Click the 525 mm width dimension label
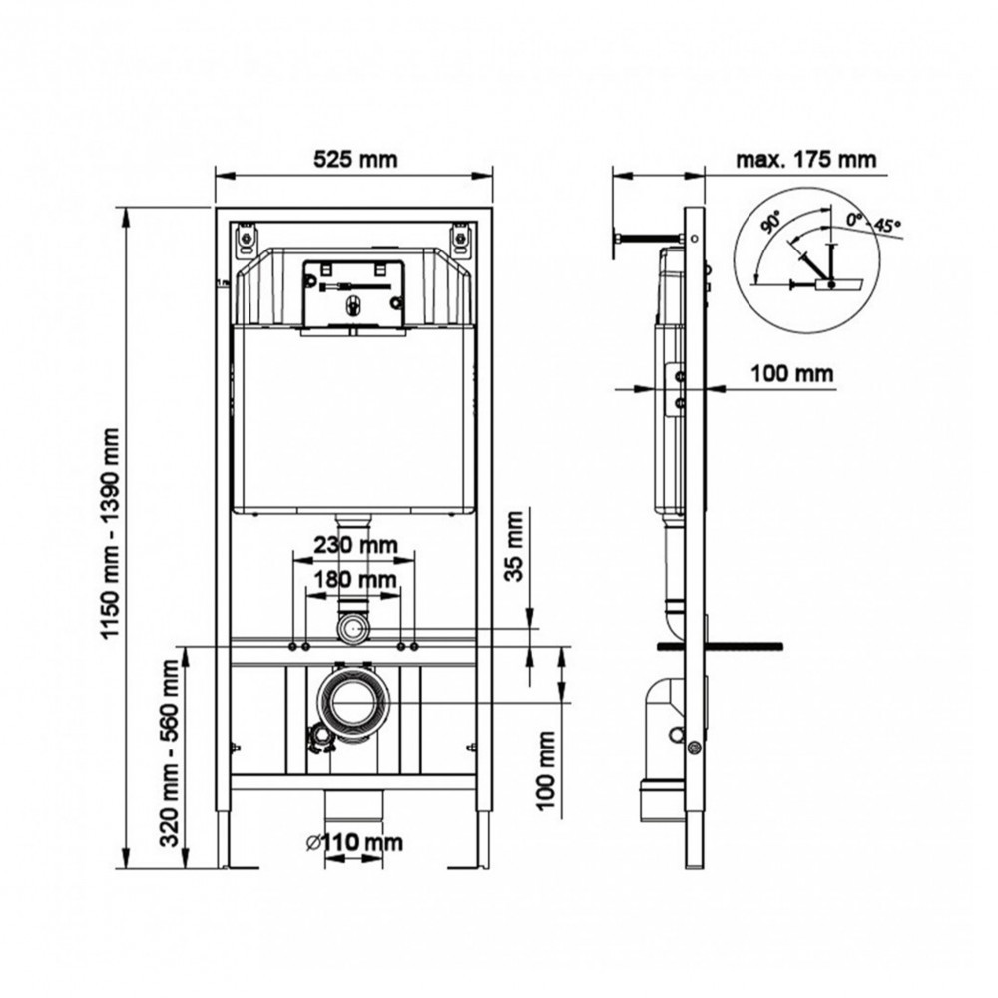click(355, 158)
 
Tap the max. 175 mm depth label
click(805, 158)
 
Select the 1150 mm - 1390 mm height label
click(111, 533)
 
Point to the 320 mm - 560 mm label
click(170, 752)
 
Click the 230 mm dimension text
click(355, 545)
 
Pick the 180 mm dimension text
click(355, 579)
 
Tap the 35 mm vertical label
click(514, 546)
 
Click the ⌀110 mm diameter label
click(354, 842)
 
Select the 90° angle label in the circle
click(772, 223)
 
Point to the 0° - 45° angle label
click(873, 223)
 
